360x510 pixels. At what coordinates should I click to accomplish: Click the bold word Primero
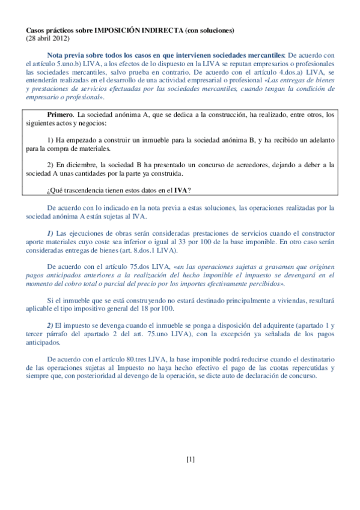tap(60, 114)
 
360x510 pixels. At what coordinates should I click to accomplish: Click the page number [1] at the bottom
tap(191, 460)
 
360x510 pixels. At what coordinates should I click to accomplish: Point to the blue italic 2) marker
tap(52, 325)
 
